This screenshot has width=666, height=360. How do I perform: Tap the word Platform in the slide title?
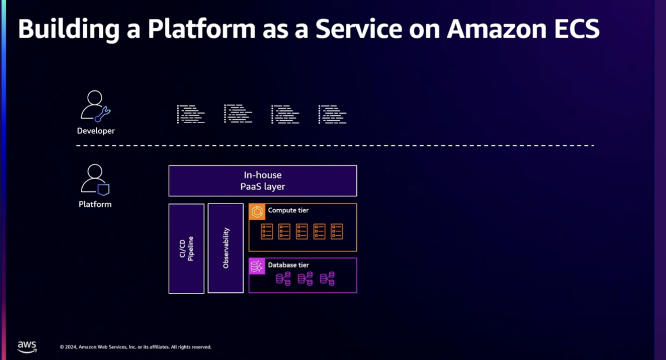(x=201, y=29)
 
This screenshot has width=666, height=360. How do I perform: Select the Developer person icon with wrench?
(x=95, y=106)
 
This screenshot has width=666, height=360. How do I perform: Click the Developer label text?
(x=95, y=131)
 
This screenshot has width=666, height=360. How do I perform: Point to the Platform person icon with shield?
(x=95, y=180)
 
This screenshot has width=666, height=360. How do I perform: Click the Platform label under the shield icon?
(x=95, y=204)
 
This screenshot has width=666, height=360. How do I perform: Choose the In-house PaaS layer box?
(x=263, y=181)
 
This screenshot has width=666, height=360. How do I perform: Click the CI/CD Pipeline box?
(x=186, y=249)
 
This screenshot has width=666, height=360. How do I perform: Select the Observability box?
(x=226, y=248)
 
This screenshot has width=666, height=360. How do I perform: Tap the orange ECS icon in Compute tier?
(x=257, y=212)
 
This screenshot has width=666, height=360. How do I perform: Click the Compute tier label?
(x=288, y=210)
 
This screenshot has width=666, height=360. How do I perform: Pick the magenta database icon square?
(x=257, y=266)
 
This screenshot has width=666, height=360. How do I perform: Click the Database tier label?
(x=288, y=265)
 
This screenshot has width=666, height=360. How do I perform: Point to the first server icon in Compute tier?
(x=267, y=231)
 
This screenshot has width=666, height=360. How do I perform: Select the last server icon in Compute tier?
(x=336, y=231)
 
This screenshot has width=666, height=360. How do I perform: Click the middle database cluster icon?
(x=305, y=278)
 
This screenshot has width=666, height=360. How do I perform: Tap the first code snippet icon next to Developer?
(x=191, y=114)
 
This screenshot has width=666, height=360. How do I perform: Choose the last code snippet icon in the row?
(x=332, y=114)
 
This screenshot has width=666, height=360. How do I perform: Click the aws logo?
(x=27, y=347)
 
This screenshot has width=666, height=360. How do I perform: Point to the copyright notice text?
(x=135, y=347)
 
